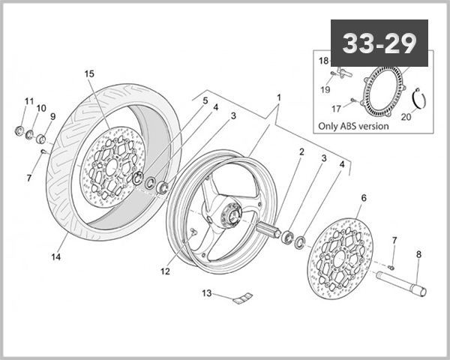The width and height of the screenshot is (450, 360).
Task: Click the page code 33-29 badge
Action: [379, 43]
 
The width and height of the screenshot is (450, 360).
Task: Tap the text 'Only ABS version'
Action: [352, 126]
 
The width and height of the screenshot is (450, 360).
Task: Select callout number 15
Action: [89, 74]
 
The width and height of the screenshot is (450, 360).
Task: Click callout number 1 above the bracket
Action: [278, 97]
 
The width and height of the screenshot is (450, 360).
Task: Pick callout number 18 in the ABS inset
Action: [324, 60]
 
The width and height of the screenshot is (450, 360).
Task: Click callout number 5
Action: [184, 100]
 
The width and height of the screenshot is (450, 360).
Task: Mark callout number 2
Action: [301, 151]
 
